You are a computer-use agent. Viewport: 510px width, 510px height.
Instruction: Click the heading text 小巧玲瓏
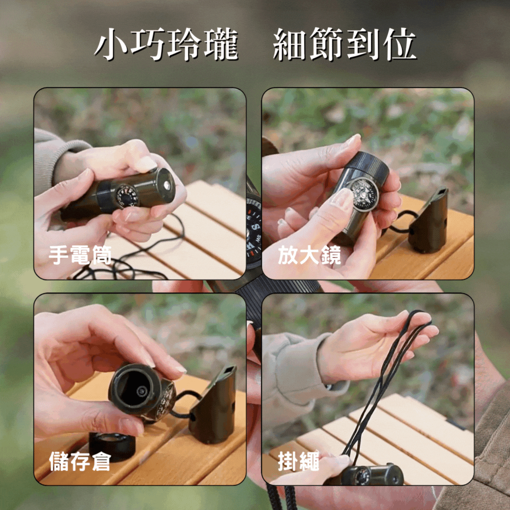(x=166, y=45)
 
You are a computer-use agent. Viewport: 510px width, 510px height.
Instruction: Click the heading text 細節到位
(x=344, y=45)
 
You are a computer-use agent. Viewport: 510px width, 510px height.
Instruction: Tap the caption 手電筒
(x=80, y=255)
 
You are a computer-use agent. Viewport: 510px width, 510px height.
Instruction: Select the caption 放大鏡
(x=309, y=255)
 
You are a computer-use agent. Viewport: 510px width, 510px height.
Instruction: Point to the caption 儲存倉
(x=79, y=461)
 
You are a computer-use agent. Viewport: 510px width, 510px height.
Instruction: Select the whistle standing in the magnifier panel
(x=429, y=220)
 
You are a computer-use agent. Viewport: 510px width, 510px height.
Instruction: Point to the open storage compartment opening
(x=133, y=389)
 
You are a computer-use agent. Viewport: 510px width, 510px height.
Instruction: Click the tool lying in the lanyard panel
(x=371, y=475)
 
